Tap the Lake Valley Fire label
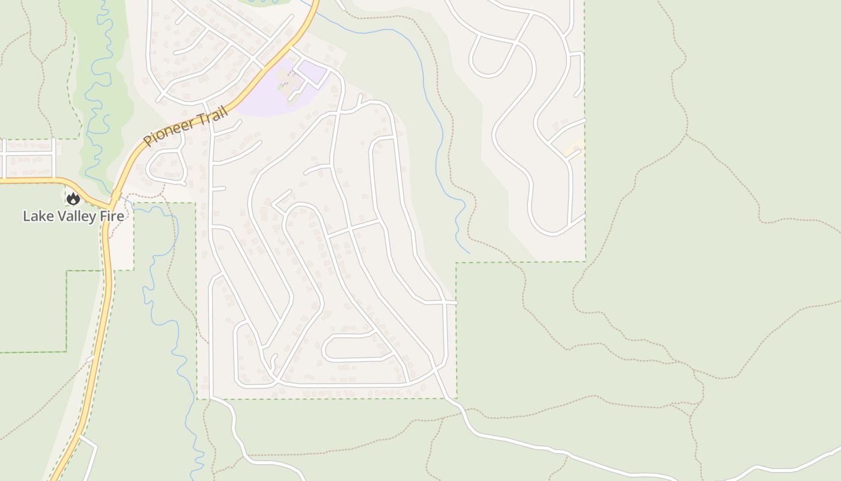[x=73, y=216]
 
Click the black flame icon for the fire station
[x=73, y=198]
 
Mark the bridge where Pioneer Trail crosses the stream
[x=115, y=195]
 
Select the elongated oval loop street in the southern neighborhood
[x=357, y=348]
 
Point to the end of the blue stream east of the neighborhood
[x=469, y=253]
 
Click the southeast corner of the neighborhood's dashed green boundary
[x=456, y=398]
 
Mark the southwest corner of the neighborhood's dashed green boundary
[x=197, y=398]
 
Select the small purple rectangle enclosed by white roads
[x=311, y=71]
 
